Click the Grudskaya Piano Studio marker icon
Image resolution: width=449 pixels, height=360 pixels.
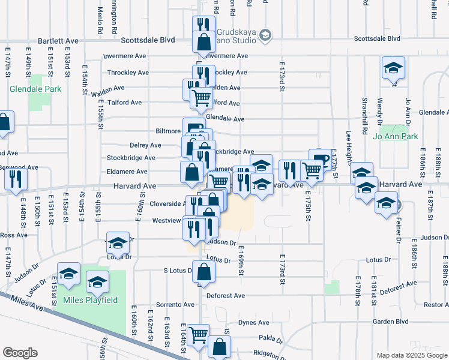(265, 37)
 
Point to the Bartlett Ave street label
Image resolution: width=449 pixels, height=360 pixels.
(58, 41)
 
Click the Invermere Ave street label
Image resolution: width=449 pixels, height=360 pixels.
(226, 56)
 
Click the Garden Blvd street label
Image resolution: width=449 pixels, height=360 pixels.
(390, 321)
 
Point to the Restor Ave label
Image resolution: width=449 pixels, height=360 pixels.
(436, 305)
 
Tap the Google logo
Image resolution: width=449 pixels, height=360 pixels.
(20, 353)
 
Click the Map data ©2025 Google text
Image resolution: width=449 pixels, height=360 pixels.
(411, 355)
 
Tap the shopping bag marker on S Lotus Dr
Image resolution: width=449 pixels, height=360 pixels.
(203, 271)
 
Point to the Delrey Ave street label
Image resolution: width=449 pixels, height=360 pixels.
(146, 145)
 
